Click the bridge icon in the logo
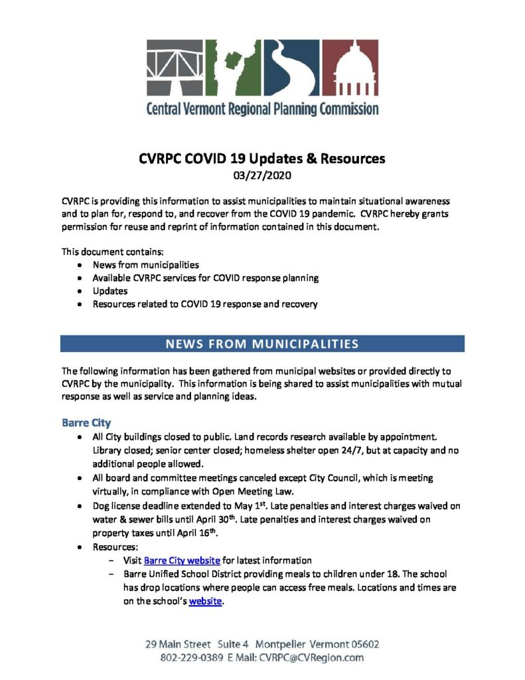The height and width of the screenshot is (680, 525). (175, 68)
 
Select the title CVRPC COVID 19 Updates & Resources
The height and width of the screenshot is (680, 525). (262, 159)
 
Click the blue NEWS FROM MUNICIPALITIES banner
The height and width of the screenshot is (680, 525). (262, 343)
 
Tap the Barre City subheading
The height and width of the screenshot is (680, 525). (86, 422)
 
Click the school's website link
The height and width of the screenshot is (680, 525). (205, 602)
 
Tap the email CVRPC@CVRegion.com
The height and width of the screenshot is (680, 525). (310, 658)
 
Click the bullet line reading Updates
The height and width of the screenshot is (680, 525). (110, 291)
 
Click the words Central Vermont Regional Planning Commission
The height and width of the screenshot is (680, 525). (262, 108)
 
